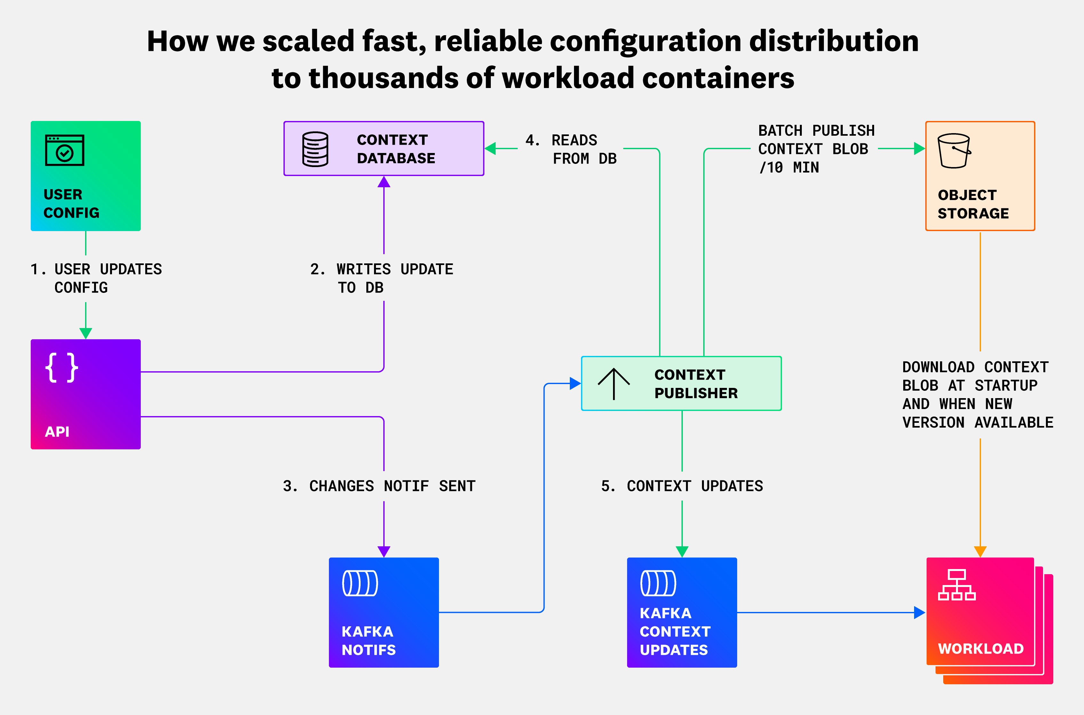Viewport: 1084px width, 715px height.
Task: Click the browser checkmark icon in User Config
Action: (x=64, y=150)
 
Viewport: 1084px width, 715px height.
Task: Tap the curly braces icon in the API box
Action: (x=61, y=367)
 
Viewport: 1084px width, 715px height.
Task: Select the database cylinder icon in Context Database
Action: (x=315, y=149)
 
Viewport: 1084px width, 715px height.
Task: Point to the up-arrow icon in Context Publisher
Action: (x=614, y=383)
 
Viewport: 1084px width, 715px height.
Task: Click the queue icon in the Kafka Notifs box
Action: (x=360, y=583)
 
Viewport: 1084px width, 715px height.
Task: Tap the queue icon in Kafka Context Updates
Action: (x=658, y=583)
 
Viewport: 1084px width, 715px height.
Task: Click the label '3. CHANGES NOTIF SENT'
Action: (x=379, y=486)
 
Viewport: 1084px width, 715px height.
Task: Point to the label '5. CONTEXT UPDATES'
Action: (x=681, y=486)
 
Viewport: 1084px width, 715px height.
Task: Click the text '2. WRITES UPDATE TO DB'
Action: (x=381, y=278)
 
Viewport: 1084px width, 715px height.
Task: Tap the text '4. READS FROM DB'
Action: (x=571, y=149)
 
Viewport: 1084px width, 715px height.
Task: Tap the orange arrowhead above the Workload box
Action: (x=980, y=551)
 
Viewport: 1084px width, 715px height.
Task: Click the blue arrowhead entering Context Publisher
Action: (x=575, y=383)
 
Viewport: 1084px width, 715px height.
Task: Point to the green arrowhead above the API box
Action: (x=86, y=333)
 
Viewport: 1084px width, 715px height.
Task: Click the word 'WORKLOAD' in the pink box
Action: (x=981, y=648)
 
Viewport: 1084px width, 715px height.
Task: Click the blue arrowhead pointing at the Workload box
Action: (x=920, y=612)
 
